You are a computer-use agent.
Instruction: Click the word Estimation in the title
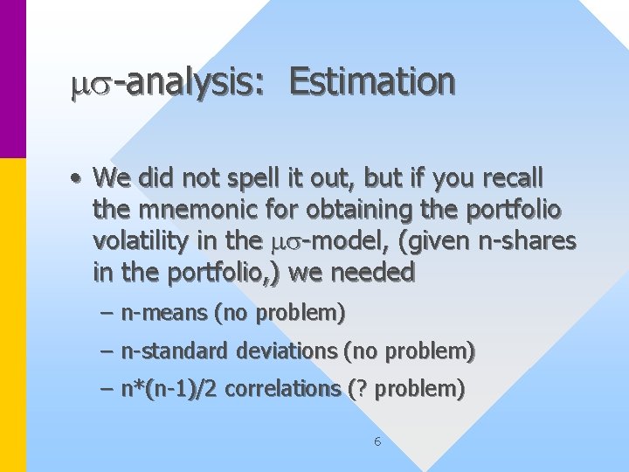click(x=372, y=82)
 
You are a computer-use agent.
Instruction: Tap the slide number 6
click(x=377, y=441)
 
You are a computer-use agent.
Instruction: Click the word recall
click(x=512, y=178)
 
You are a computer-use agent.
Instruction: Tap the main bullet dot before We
click(x=78, y=179)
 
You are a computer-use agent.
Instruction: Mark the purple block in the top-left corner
click(x=13, y=79)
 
